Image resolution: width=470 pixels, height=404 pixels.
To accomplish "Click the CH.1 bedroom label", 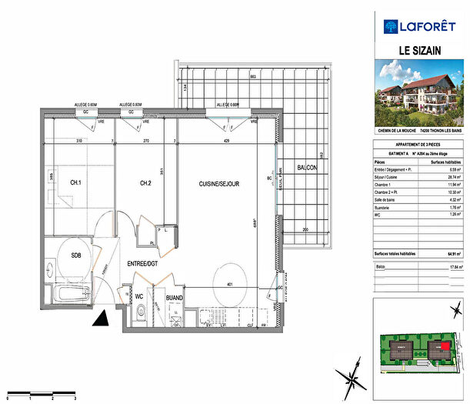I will click(x=75, y=182).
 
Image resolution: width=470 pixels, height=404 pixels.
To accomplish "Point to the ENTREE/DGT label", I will click(x=143, y=264).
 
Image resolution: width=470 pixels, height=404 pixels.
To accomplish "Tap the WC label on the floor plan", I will click(x=140, y=296).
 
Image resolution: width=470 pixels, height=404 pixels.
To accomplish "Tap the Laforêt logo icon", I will click(x=390, y=26).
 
